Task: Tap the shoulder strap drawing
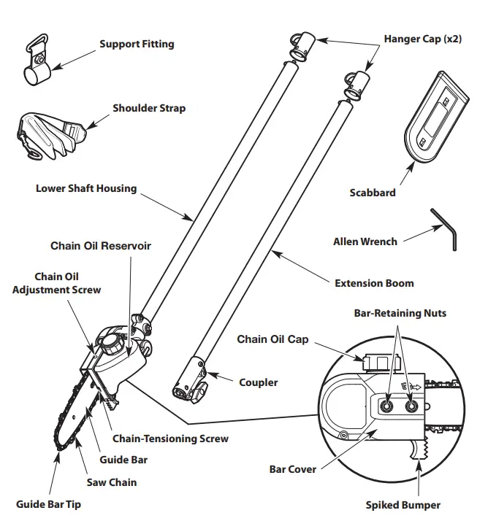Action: pyautogui.click(x=48, y=134)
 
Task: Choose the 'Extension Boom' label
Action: pyautogui.click(x=373, y=282)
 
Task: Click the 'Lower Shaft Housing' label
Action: pyautogui.click(x=86, y=188)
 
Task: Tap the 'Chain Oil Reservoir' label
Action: pyautogui.click(x=101, y=246)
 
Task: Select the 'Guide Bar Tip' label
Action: pyautogui.click(x=47, y=504)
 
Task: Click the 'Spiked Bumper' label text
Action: pyautogui.click(x=403, y=504)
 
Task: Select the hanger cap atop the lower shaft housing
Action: pyautogui.click(x=302, y=45)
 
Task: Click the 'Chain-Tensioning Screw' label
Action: pyautogui.click(x=169, y=439)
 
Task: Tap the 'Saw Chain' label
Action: pyautogui.click(x=113, y=482)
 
